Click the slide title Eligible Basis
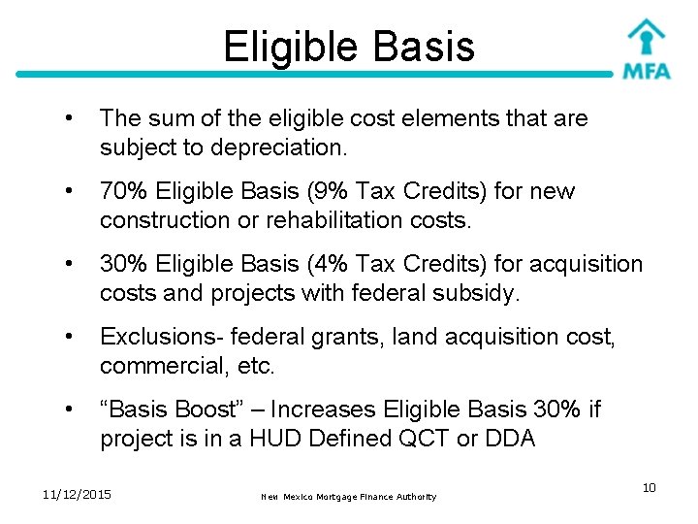[x=349, y=46]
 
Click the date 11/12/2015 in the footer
[x=77, y=495]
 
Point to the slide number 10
[x=649, y=487]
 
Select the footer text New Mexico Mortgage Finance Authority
[x=349, y=497]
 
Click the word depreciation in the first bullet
[x=295, y=148]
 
